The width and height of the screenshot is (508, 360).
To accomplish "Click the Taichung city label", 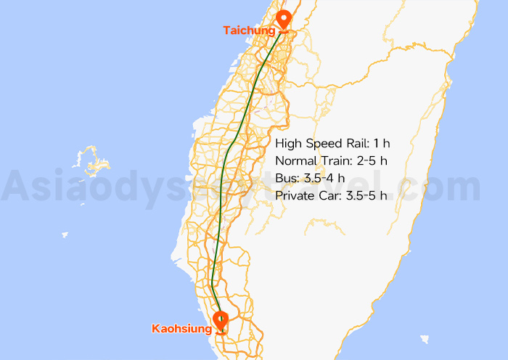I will pyautogui.click(x=249, y=30).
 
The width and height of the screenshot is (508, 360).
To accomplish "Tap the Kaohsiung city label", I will pyautogui.click(x=181, y=329).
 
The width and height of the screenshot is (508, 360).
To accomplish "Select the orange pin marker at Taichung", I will pyautogui.click(x=284, y=20).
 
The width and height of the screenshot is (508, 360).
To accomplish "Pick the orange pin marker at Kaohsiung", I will pyautogui.click(x=220, y=319).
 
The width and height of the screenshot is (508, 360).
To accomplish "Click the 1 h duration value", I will pyautogui.click(x=382, y=143).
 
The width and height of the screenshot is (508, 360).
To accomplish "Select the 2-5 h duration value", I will pyautogui.click(x=375, y=160).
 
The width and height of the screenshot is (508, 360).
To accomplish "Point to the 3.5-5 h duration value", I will pyautogui.click(x=366, y=195).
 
